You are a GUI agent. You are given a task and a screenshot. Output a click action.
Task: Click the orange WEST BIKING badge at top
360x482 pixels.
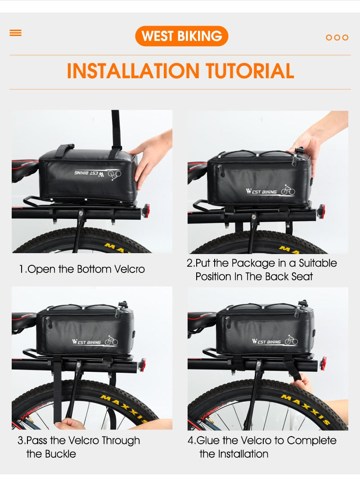(181, 36)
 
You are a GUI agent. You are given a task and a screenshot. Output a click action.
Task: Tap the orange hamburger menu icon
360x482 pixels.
(15, 33)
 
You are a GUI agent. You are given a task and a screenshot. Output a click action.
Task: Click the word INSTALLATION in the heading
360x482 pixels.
(133, 71)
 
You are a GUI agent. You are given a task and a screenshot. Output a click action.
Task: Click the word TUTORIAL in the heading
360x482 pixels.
(250, 71)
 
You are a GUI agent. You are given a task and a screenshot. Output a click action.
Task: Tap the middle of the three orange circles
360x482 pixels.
(337, 37)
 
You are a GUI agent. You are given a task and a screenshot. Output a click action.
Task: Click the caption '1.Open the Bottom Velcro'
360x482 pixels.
(82, 269)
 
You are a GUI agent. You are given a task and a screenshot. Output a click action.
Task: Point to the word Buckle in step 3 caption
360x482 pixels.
(59, 453)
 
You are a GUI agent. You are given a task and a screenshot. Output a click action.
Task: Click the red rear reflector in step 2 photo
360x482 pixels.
(321, 210)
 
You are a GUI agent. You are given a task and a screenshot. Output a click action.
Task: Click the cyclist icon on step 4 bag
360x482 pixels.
(291, 340)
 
